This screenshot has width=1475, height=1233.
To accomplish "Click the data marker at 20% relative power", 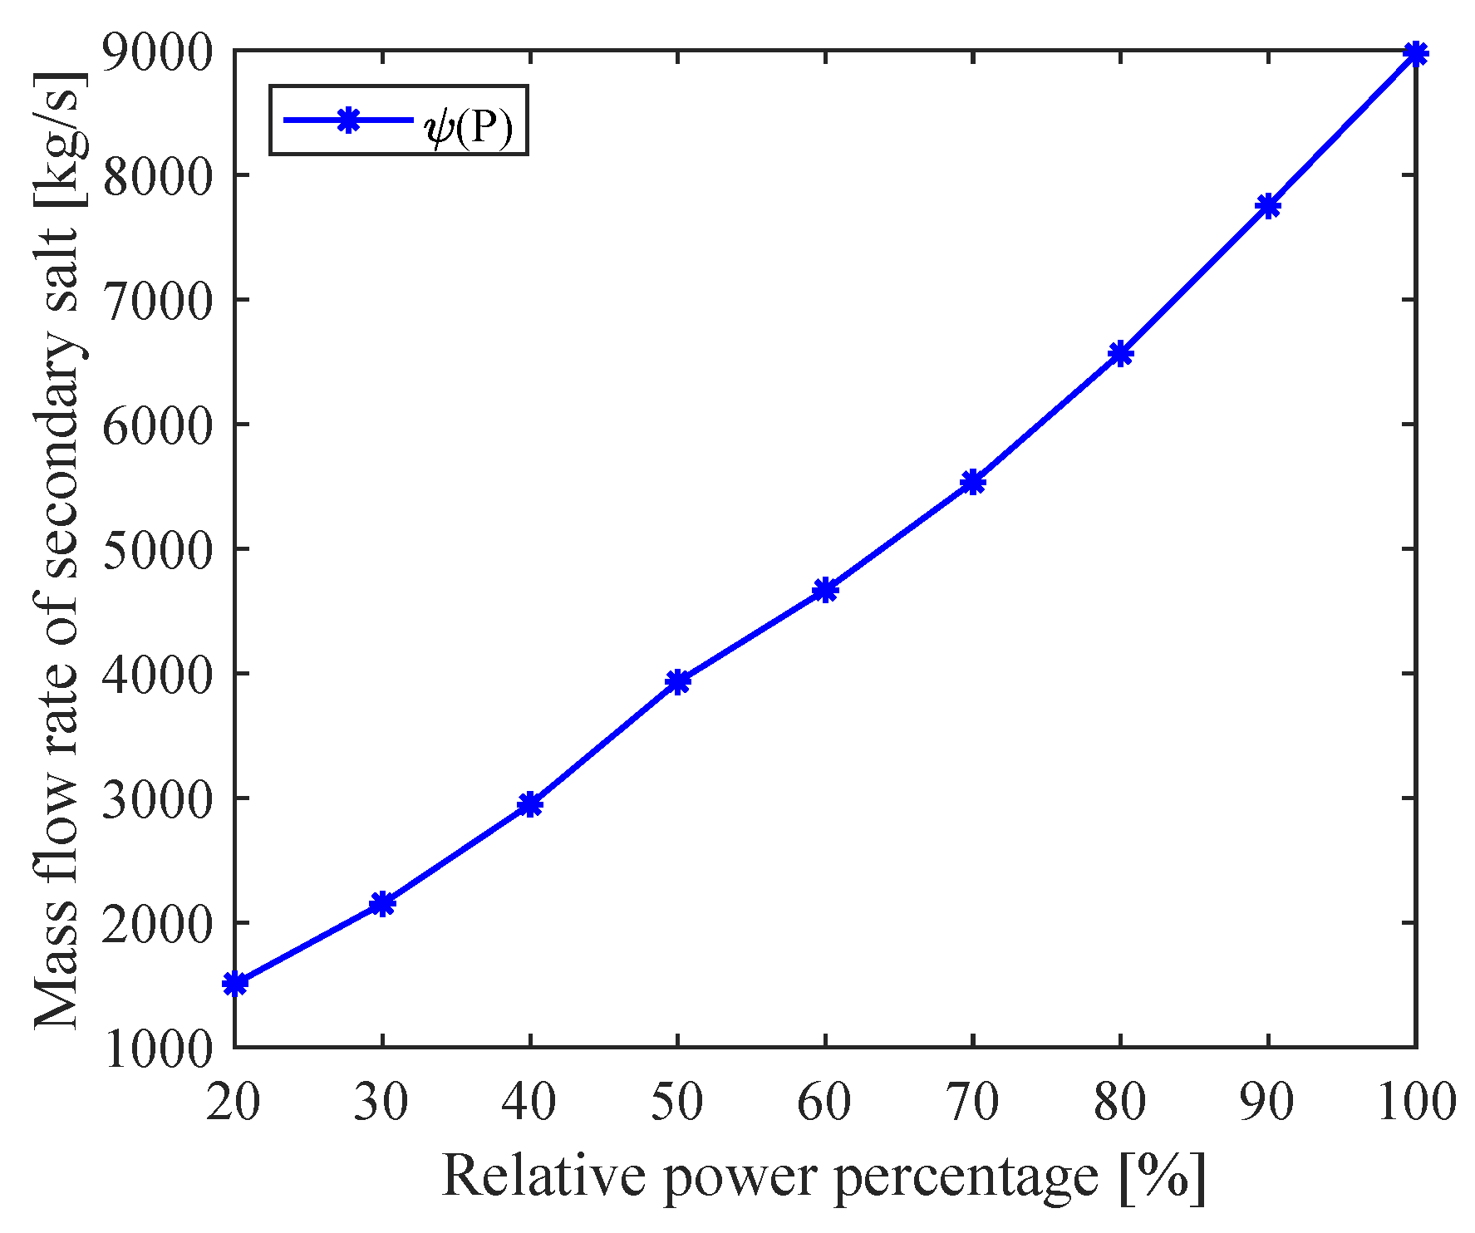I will tap(235, 984).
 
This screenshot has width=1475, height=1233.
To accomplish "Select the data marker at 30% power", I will tap(382, 903).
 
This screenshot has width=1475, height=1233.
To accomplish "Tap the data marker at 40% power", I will tap(530, 804).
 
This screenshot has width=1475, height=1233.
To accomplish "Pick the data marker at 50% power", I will tap(678, 681).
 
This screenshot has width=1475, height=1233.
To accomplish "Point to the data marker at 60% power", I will tap(825, 590).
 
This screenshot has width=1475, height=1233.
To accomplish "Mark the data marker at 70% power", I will tap(973, 482).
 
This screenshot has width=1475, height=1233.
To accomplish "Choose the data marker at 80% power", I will tap(1120, 353).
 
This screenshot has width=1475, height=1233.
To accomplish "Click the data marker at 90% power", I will tap(1268, 205).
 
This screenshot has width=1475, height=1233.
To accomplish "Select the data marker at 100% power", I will tap(1415, 54).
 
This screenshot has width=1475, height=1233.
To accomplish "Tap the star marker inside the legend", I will tap(349, 120).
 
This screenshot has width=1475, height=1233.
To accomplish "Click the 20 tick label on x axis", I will tap(234, 1102).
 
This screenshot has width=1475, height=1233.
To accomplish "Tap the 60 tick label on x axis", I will tap(824, 1102).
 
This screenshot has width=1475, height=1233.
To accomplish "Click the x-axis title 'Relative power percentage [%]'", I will tap(823, 1178).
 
